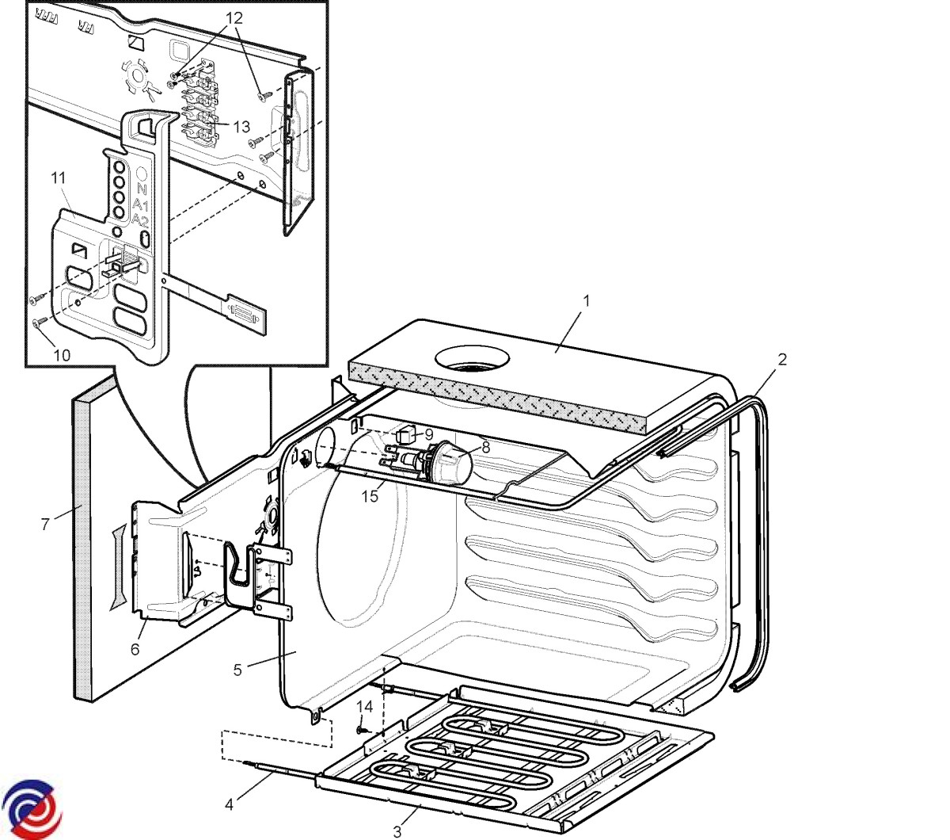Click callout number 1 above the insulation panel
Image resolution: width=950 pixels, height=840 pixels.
(x=586, y=301)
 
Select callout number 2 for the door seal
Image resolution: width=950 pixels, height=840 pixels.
(x=782, y=359)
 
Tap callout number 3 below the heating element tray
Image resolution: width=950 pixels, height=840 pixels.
(x=397, y=831)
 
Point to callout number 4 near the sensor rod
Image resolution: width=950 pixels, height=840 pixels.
(x=230, y=804)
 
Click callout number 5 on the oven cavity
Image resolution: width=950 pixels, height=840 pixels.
(x=237, y=670)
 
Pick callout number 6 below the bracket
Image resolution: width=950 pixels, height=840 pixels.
(x=135, y=649)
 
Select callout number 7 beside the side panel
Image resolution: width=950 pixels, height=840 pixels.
(x=46, y=523)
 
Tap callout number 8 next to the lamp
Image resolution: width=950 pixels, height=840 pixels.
(x=486, y=447)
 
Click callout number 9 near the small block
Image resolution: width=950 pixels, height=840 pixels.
(x=428, y=434)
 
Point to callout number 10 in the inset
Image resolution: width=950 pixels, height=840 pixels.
(x=62, y=354)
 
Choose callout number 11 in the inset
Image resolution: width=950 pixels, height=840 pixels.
(x=59, y=178)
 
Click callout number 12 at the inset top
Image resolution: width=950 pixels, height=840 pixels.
(x=234, y=17)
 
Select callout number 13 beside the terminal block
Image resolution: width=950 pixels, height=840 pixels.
(x=241, y=126)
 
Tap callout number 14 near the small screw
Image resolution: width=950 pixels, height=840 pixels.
(x=364, y=705)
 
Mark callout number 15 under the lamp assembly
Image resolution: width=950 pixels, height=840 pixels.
(x=370, y=496)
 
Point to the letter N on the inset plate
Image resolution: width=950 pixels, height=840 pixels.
(x=142, y=189)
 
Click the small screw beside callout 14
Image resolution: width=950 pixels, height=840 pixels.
(x=360, y=727)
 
